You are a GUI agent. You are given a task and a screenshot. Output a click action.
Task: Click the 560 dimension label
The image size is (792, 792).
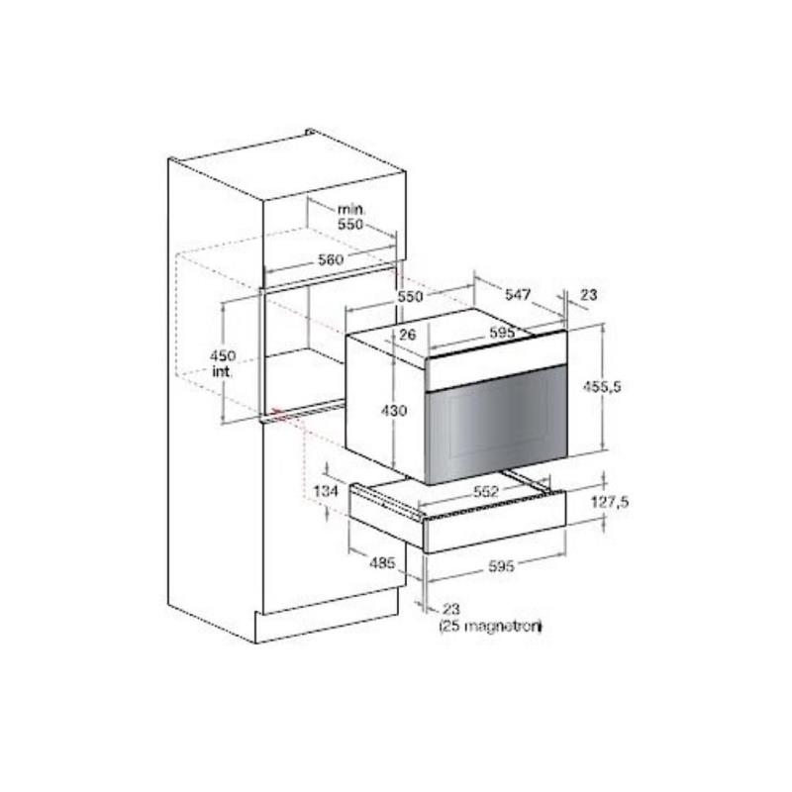tap(331, 259)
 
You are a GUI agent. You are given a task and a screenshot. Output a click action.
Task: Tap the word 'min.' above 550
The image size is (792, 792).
tap(351, 209)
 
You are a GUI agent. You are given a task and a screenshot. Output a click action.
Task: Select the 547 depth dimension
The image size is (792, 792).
tap(518, 294)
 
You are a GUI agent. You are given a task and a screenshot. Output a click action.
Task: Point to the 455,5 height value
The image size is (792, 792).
tap(602, 387)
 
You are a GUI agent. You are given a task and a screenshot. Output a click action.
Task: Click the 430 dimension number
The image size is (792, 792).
tap(393, 411)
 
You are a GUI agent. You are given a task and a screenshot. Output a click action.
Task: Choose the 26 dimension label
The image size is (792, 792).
tap(407, 334)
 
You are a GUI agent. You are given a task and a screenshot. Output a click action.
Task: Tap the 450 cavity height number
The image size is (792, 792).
tap(223, 355)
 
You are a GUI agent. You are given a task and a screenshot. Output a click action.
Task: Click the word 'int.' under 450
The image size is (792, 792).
tap(222, 372)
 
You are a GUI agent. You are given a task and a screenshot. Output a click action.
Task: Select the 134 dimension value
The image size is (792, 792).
tap(326, 490)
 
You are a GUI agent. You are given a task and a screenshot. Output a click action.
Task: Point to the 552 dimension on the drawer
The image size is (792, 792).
tap(485, 491)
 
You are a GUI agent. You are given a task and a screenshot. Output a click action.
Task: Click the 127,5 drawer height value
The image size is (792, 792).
tap(610, 502)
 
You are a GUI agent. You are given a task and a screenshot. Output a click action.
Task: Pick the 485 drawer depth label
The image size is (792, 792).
tap(382, 562)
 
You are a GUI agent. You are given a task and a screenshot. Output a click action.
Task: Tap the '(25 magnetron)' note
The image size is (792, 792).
tap(490, 627)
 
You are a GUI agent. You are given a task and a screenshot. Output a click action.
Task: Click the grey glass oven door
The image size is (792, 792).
tap(498, 427)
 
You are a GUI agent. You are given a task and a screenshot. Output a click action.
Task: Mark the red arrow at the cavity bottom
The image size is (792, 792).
tap(277, 413)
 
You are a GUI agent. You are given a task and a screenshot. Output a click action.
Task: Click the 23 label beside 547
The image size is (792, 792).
tap(588, 294)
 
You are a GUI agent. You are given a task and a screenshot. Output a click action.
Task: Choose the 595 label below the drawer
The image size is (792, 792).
tap(501, 566)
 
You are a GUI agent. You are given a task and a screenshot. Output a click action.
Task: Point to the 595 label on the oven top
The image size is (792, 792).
tap(501, 333)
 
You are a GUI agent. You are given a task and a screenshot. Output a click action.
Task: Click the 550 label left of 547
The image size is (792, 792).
tap(410, 296)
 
